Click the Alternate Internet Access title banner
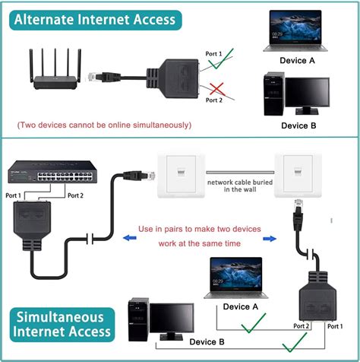click(x=94, y=20)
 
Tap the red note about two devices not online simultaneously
click(x=104, y=125)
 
